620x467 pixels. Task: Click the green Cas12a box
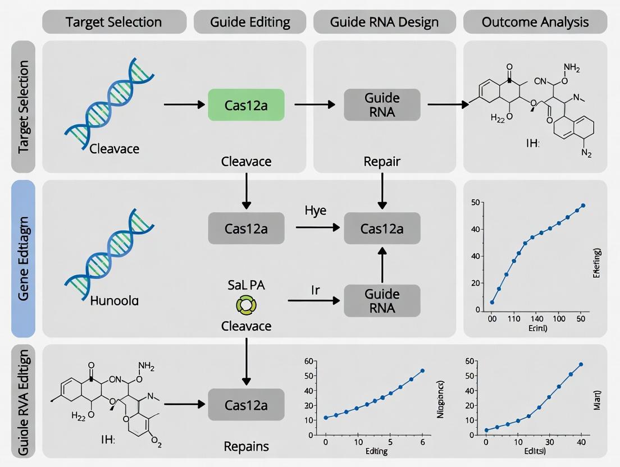pyautogui.click(x=246, y=105)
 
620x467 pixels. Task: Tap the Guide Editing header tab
pyautogui.click(x=250, y=22)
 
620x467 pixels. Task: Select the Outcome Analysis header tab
pyautogui.click(x=535, y=22)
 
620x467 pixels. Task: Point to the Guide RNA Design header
pyautogui.click(x=385, y=22)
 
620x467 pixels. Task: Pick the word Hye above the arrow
pyautogui.click(x=316, y=211)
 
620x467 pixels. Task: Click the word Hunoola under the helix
pyautogui.click(x=114, y=301)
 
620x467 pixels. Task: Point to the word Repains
pyautogui.click(x=246, y=447)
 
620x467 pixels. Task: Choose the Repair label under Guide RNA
pyautogui.click(x=382, y=162)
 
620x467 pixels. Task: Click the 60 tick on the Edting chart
pyautogui.click(x=308, y=361)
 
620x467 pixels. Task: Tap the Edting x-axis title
pyautogui.click(x=375, y=451)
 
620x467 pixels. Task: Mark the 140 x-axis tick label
pyautogui.click(x=538, y=319)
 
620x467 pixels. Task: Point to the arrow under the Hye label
pyautogui.click(x=318, y=227)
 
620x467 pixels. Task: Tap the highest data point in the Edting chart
pyautogui.click(x=422, y=370)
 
